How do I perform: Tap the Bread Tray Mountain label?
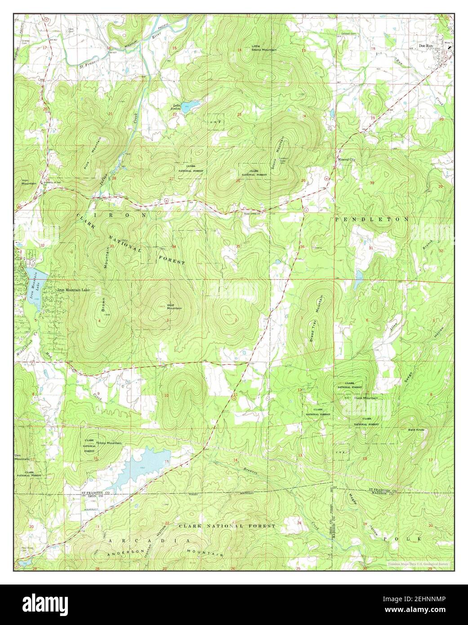pos(316,319)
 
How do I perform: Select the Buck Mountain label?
pos(365,398)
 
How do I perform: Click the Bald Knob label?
pos(416,430)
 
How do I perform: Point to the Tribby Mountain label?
pos(108,443)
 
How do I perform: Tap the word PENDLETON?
pos(371,219)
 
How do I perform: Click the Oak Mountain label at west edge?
pos(21,457)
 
